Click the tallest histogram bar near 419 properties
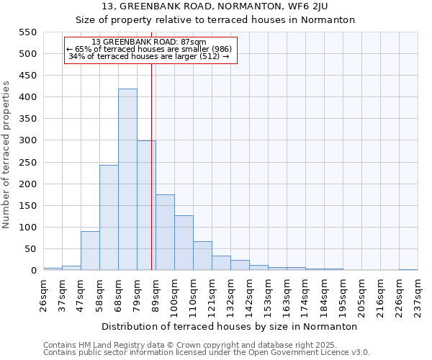(127, 180)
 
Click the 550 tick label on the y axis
(27, 32)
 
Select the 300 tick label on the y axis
(27, 141)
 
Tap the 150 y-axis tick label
(27, 206)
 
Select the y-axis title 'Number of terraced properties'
(7, 155)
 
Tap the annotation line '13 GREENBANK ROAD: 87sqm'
(149, 42)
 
